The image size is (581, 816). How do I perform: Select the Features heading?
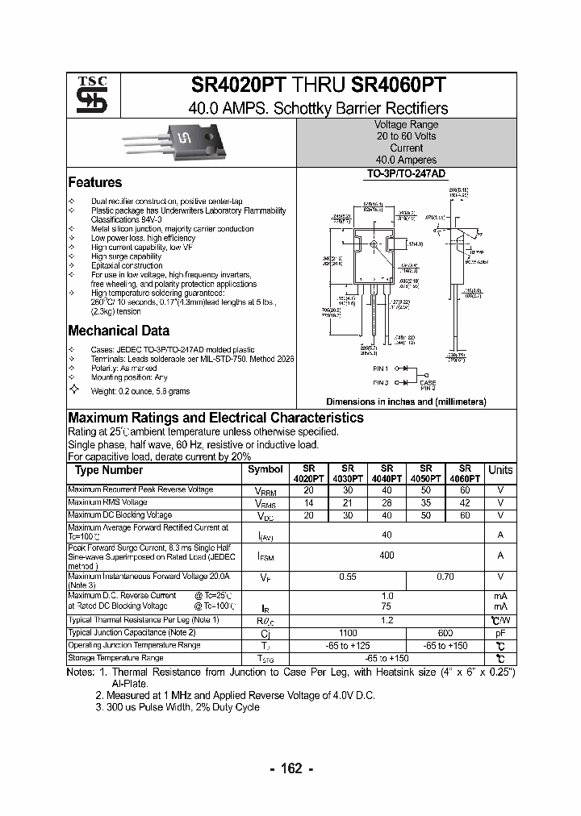pyautogui.click(x=94, y=182)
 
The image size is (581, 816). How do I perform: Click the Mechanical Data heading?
pyautogui.click(x=119, y=331)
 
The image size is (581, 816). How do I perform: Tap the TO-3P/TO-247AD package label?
pyautogui.click(x=406, y=174)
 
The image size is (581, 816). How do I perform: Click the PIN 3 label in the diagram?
pyautogui.click(x=381, y=382)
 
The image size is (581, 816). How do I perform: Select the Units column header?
pyautogui.click(x=500, y=470)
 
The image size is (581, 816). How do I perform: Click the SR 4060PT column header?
pyautogui.click(x=465, y=473)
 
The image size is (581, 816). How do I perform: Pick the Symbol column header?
pyautogui.click(x=265, y=469)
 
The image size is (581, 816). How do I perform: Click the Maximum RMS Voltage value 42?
pyautogui.click(x=465, y=502)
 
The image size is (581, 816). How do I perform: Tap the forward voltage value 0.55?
pyautogui.click(x=347, y=577)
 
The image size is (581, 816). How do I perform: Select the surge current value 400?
pyautogui.click(x=387, y=556)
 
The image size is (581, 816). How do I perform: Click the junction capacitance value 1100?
pyautogui.click(x=347, y=633)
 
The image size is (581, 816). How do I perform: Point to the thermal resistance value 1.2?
pyautogui.click(x=387, y=619)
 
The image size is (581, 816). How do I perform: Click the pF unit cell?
pyautogui.click(x=500, y=633)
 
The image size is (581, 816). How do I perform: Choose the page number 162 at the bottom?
pyautogui.click(x=290, y=768)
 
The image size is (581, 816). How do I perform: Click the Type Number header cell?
pyautogui.click(x=109, y=470)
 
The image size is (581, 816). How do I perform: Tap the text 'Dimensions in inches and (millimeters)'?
pyautogui.click(x=406, y=401)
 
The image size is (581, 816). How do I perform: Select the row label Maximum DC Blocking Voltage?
pyautogui.click(x=119, y=514)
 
